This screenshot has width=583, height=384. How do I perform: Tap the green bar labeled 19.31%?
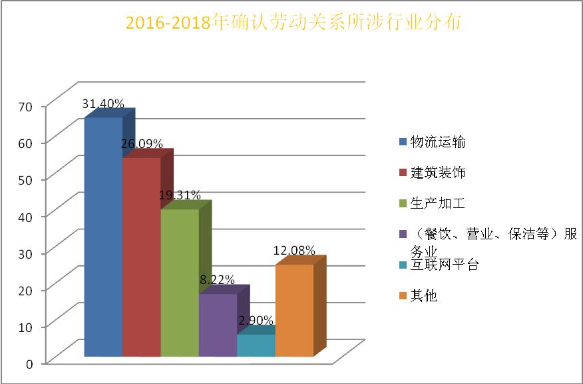[180, 283]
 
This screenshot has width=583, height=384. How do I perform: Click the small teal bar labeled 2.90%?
[256, 345]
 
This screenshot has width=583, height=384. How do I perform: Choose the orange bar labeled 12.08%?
[293, 310]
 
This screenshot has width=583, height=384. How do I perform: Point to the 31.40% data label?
[103, 104]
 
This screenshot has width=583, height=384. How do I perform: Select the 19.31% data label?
[180, 195]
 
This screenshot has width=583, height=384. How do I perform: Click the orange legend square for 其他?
[402, 296]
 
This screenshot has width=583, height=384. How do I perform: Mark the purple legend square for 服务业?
[402, 235]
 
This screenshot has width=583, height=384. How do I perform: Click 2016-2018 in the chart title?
[167, 23]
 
